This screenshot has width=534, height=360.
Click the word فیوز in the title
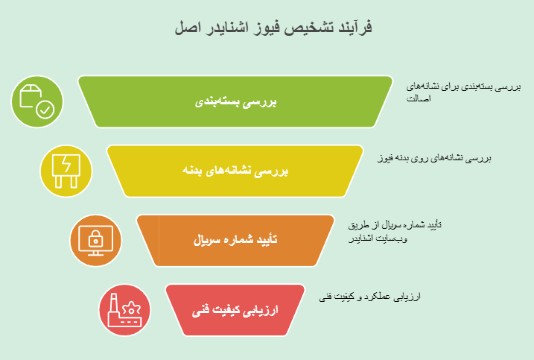click(x=262, y=28)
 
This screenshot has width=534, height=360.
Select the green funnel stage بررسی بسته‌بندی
click(x=235, y=101)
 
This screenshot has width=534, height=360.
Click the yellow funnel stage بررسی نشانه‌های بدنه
click(x=235, y=171)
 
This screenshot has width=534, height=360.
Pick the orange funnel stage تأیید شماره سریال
click(x=235, y=241)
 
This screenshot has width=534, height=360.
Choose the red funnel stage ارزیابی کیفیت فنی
click(x=235, y=309)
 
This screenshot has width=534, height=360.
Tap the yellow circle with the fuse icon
click(x=66, y=171)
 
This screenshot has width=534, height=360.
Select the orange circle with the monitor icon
click(x=95, y=241)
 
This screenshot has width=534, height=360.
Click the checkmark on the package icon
click(x=45, y=111)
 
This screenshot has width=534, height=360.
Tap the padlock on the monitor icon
click(x=95, y=238)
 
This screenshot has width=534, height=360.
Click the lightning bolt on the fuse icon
click(x=66, y=164)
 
